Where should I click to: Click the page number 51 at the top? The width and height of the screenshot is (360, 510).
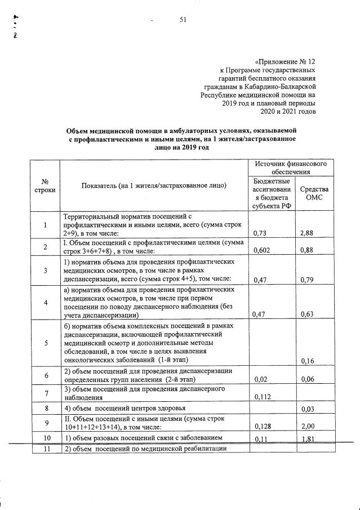(183, 20)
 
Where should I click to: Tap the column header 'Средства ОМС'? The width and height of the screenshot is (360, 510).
(313, 194)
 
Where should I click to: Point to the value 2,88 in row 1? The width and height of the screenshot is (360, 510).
(306, 232)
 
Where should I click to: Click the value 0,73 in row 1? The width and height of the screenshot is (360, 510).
(260, 232)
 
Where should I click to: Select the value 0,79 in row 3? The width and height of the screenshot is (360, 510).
(306, 278)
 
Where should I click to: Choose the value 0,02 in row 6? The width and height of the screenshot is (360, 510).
(260, 380)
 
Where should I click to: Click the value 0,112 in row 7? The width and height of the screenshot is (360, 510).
(263, 397)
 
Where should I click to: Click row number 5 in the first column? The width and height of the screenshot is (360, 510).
(44, 342)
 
